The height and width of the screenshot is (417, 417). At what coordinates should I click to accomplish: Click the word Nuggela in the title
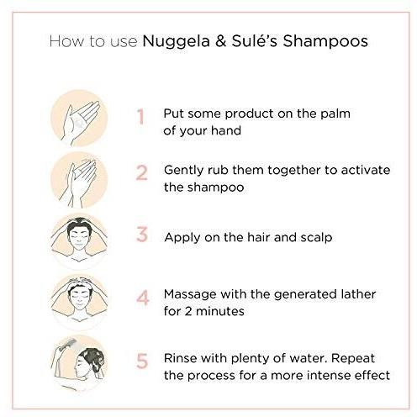point(176,42)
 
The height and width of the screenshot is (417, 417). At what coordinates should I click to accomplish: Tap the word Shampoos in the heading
point(325,41)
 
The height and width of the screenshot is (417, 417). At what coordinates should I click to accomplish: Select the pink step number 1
point(140,117)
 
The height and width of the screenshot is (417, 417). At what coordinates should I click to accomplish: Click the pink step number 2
point(141,172)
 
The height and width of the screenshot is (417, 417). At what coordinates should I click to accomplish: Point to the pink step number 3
point(142,235)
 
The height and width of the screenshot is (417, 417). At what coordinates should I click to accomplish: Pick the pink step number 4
point(143,298)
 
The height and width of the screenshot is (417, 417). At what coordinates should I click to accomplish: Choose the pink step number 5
point(142,361)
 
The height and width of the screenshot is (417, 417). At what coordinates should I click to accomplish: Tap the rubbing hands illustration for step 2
point(79,180)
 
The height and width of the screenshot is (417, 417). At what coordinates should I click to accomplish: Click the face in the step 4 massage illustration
point(79,297)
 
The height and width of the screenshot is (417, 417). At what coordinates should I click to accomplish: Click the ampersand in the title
point(221,41)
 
